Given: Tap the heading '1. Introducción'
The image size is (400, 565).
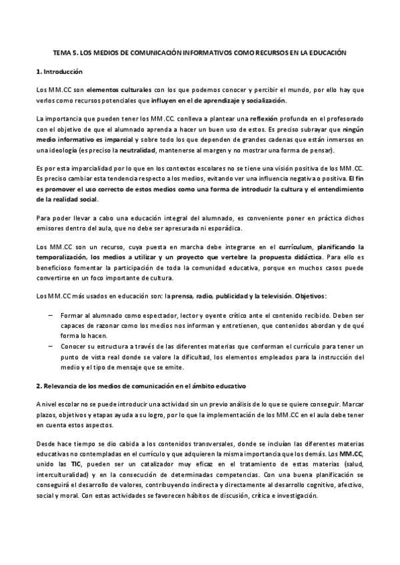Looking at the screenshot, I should click(x=59, y=71).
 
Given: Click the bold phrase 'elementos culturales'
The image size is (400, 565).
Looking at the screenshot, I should click(x=115, y=89).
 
